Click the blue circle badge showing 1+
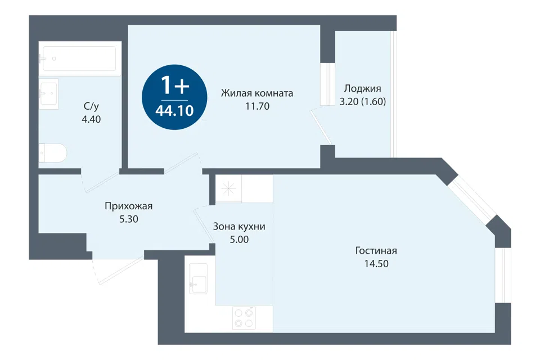tap(174, 97)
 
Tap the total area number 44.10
tap(174, 111)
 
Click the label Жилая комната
tap(257, 93)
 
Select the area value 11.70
tap(257, 106)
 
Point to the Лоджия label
tap(363, 89)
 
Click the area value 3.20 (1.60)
tap(363, 102)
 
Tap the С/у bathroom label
tap(91, 106)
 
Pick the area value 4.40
tap(91, 119)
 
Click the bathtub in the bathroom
tap(79, 58)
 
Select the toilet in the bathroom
tap(53, 152)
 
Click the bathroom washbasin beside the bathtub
tap(48, 93)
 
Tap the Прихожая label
tap(128, 206)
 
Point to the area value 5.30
tap(129, 219)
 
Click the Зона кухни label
tap(239, 226)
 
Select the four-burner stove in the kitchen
tap(244, 318)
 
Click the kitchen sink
tap(198, 278)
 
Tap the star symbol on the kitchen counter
tap(229, 188)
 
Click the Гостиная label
tap(376, 250)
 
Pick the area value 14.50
tap(376, 264)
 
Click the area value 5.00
tap(240, 240)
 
